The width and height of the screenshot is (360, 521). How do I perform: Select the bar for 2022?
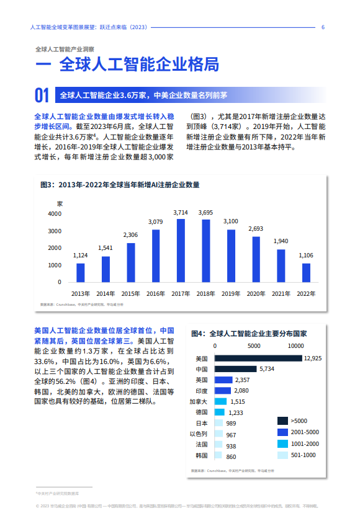pos(306,273)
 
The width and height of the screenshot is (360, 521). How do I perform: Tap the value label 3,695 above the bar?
pos(205,213)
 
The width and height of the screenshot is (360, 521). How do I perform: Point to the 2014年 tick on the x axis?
pos(106,293)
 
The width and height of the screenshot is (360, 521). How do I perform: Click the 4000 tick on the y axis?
pos(55,214)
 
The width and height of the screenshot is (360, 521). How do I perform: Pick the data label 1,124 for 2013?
pos(81,256)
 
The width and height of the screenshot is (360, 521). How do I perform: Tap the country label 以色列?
pos(199,434)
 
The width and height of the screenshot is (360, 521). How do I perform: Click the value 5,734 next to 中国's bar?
pos(267,369)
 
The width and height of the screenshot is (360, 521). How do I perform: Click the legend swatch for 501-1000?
pos(282,455)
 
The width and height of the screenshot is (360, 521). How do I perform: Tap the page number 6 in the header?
pos(323,27)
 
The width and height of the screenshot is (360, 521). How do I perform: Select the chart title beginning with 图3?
pos(120,185)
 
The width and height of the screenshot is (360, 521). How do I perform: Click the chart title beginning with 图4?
pos(248,334)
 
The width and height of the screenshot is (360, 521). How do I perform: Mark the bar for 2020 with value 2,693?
pos(256,260)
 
